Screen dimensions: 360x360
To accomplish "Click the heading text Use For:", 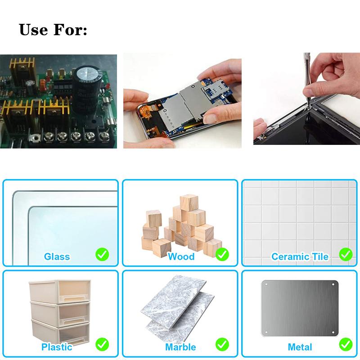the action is click(x=53, y=30).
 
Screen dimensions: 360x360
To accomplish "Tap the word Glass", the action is click(x=57, y=256).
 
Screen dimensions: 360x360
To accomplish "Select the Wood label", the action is click(x=181, y=256).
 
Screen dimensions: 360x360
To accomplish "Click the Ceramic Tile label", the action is click(x=300, y=256).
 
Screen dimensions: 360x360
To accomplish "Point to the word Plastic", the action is click(x=57, y=347).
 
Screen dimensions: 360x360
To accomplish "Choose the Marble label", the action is click(x=181, y=347).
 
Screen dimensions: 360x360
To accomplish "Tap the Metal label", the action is click(x=300, y=347).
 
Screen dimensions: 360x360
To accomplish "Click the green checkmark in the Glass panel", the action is click(x=102, y=254).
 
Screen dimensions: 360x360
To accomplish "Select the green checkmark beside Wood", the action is click(x=222, y=254).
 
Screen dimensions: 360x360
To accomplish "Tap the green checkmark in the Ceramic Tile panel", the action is click(x=346, y=254).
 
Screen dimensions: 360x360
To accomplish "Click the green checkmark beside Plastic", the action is click(x=102, y=344).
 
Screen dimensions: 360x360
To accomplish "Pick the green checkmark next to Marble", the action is click(x=222, y=344).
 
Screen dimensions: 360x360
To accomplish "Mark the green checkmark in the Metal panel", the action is click(x=346, y=344).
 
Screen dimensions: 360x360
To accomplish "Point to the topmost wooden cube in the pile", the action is click(x=189, y=203).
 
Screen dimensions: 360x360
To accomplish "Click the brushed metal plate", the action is click(x=300, y=308).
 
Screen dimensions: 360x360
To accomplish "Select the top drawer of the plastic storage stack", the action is click(x=60, y=291).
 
